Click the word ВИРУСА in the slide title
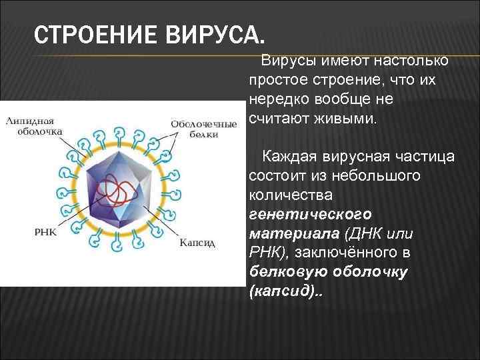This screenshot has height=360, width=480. coord(213,33)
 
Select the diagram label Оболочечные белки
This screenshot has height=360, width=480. coord(203,129)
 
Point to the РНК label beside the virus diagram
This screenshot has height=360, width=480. coord(45,233)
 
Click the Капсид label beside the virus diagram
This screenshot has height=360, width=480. coord(197,243)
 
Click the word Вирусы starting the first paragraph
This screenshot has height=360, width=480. coord(287,61)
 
